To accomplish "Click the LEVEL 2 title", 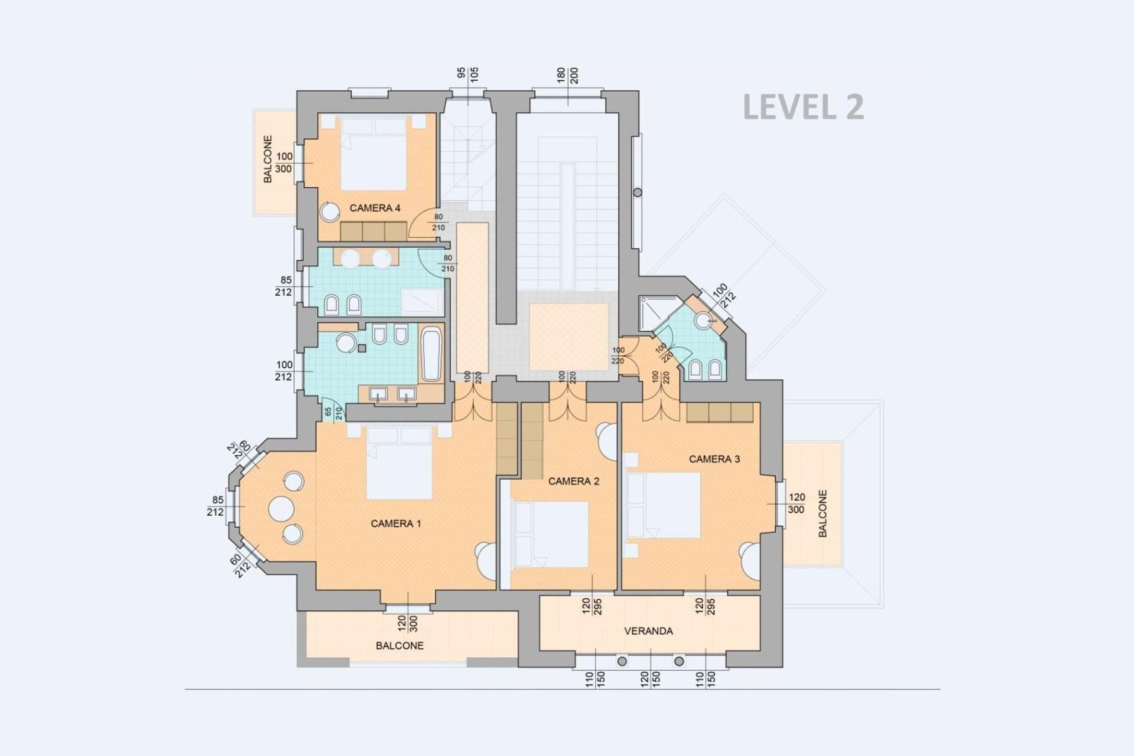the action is tap(803, 107).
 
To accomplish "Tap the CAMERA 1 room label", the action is tap(396, 523).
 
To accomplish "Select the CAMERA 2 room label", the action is tap(574, 481).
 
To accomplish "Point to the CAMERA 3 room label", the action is tap(714, 459).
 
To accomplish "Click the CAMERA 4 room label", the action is tap(375, 208).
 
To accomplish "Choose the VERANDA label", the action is tap(648, 631).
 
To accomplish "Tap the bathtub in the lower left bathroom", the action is tap(431, 354).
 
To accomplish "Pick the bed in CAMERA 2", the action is tap(551, 534).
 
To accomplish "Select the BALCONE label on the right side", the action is tap(823, 513).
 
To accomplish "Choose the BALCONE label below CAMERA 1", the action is tap(400, 646).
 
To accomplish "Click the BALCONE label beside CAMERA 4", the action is tap(268, 160).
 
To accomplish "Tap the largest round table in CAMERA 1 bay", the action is tap(281, 508).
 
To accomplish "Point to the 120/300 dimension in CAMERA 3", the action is tap(796, 504).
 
